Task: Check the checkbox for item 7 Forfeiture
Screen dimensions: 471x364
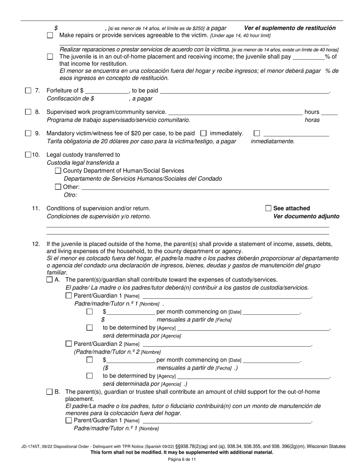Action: (x=28, y=91)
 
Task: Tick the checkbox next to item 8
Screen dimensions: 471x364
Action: (x=28, y=112)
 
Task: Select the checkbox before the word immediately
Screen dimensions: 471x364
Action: (x=204, y=133)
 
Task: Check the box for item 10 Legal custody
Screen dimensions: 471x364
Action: (x=28, y=155)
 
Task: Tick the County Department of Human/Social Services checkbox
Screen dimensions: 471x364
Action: (x=58, y=171)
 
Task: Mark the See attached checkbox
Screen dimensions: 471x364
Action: (x=268, y=208)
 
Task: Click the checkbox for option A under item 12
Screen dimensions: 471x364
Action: (x=49, y=280)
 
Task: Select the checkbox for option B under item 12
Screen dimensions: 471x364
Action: (x=49, y=392)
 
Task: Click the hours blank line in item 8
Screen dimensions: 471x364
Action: (x=330, y=112)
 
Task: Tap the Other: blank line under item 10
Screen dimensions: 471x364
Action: (x=205, y=187)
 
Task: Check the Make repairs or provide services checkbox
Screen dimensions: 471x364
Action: (x=50, y=35)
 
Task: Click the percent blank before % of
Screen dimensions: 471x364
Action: (x=308, y=57)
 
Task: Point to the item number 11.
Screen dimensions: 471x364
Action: (x=36, y=208)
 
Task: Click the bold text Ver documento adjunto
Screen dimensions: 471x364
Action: (x=306, y=216)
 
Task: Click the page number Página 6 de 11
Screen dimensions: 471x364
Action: (x=182, y=460)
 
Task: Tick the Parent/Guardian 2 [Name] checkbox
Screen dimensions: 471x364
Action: (x=69, y=344)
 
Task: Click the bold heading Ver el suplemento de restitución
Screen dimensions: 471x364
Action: (x=290, y=28)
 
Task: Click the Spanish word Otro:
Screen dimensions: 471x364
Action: (x=71, y=195)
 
